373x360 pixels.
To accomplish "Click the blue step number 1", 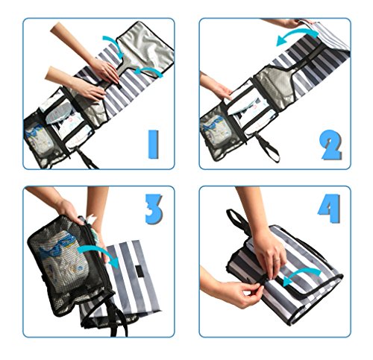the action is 153,145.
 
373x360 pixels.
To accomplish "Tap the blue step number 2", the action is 331,145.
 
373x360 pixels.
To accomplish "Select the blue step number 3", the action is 154,209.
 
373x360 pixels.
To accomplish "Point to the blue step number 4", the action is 330,208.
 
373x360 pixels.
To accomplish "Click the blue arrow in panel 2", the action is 296,35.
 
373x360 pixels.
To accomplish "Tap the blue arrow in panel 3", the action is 99,253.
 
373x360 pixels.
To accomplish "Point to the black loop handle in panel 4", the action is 236,221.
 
